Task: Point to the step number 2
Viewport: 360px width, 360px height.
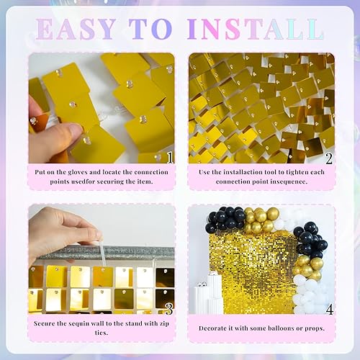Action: click(329, 157)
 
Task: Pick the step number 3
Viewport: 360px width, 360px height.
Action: click(168, 308)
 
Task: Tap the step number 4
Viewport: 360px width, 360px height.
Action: click(328, 309)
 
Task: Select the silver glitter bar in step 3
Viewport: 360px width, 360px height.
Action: click(108, 253)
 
